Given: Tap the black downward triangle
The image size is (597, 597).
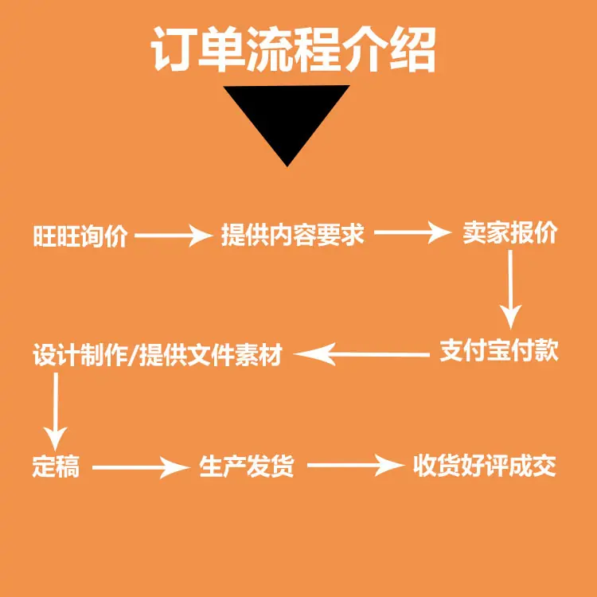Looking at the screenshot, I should [x=287, y=119].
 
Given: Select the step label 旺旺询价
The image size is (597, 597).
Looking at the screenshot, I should [x=80, y=236].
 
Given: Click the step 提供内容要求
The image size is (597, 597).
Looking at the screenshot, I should [x=293, y=236].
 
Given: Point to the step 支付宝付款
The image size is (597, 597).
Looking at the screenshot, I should [x=499, y=351].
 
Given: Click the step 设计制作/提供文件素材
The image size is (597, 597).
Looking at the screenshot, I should [x=158, y=354].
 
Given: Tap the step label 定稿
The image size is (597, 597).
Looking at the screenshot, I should [x=56, y=466].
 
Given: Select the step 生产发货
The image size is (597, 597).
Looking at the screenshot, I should [x=247, y=466].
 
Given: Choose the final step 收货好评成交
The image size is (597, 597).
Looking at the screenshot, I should [x=484, y=466].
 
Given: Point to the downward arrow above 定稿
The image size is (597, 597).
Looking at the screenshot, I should [x=55, y=410].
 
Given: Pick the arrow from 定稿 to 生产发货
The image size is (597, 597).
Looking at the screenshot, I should [x=140, y=466].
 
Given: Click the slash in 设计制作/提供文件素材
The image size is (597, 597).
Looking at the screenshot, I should [x=132, y=354].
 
